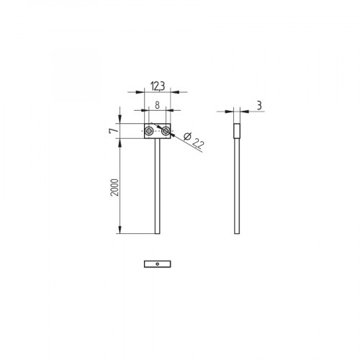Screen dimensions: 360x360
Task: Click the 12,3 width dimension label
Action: click(x=157, y=87)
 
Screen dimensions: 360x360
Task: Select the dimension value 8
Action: click(x=157, y=105)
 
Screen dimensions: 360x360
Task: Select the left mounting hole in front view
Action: click(x=149, y=131)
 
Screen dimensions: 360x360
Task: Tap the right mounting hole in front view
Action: click(x=166, y=131)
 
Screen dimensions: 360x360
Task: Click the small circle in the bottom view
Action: click(x=157, y=264)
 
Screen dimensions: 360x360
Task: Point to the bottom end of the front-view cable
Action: click(x=157, y=232)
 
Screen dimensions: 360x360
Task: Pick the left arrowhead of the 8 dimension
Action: click(x=147, y=110)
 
